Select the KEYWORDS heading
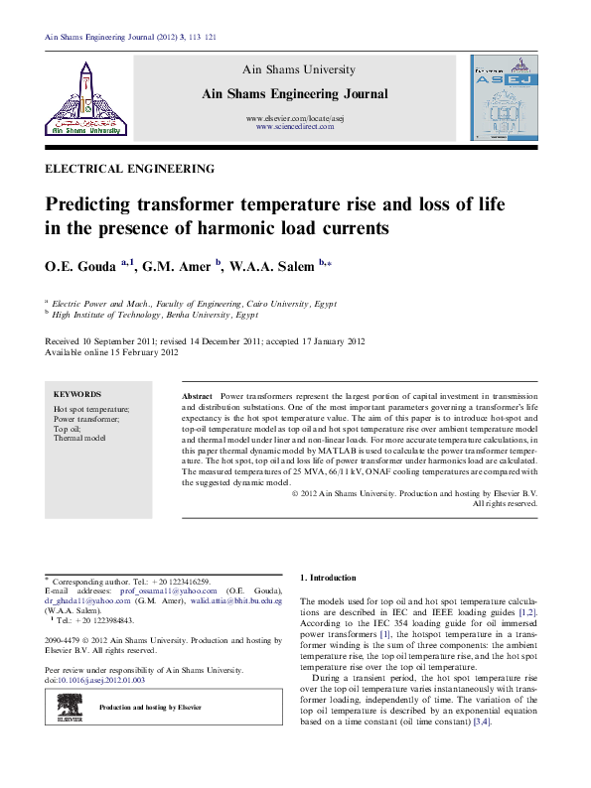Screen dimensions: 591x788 76,394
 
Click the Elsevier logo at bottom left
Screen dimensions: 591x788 69,706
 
